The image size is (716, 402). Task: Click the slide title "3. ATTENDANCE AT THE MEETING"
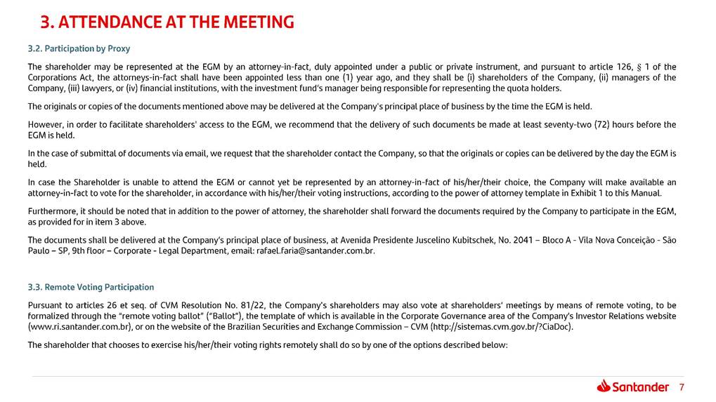[167, 22]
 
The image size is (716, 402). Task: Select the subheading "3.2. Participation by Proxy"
[79, 49]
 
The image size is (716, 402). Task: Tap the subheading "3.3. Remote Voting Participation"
[91, 288]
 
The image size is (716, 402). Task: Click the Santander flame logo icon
[604, 386]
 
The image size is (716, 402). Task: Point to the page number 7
[681, 387]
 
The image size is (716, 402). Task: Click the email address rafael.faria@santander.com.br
[316, 251]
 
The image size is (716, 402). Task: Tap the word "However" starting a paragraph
[44, 125]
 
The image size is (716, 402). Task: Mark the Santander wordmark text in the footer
[641, 387]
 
